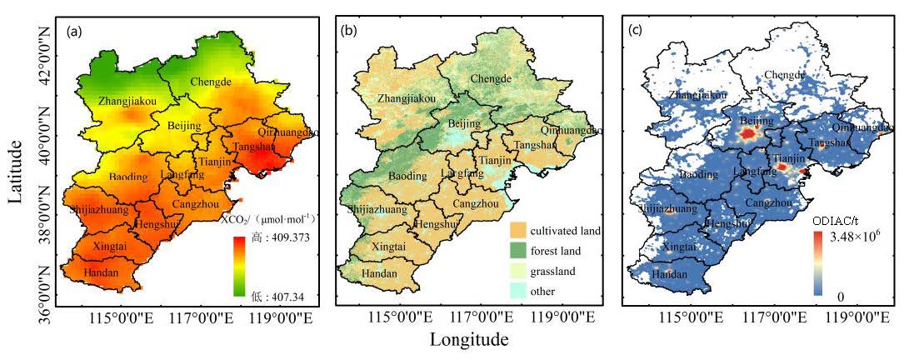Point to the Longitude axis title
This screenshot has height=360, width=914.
469,339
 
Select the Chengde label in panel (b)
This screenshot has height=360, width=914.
492,78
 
